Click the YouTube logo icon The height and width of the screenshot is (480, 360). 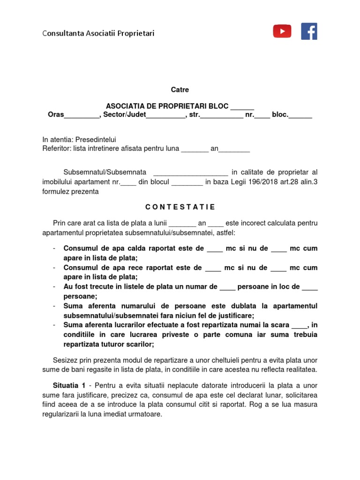click(x=282, y=31)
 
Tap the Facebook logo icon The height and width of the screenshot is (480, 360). click(x=309, y=31)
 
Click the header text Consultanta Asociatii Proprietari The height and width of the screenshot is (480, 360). click(x=98, y=33)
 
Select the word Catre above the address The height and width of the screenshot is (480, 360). click(x=180, y=90)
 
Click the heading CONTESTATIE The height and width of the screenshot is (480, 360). click(x=180, y=207)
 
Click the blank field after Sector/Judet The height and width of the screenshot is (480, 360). click(x=166, y=115)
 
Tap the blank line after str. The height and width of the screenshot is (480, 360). click(x=222, y=115)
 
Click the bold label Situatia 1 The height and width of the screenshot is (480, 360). click(x=69, y=386)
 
